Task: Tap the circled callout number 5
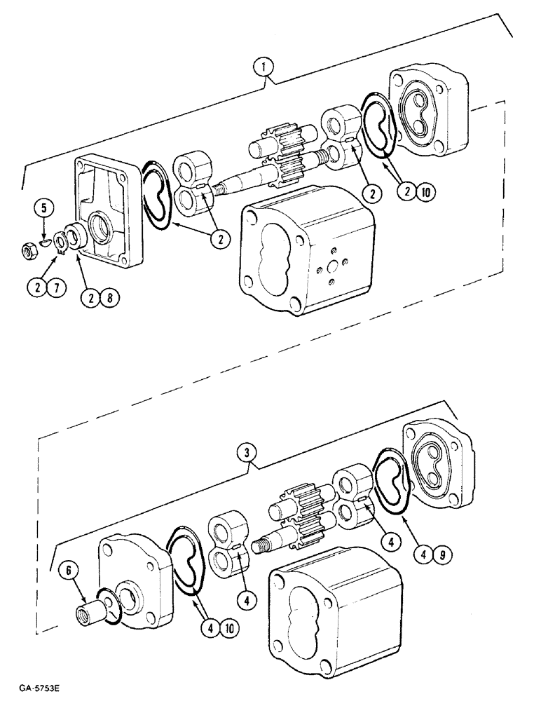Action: pyautogui.click(x=43, y=207)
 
